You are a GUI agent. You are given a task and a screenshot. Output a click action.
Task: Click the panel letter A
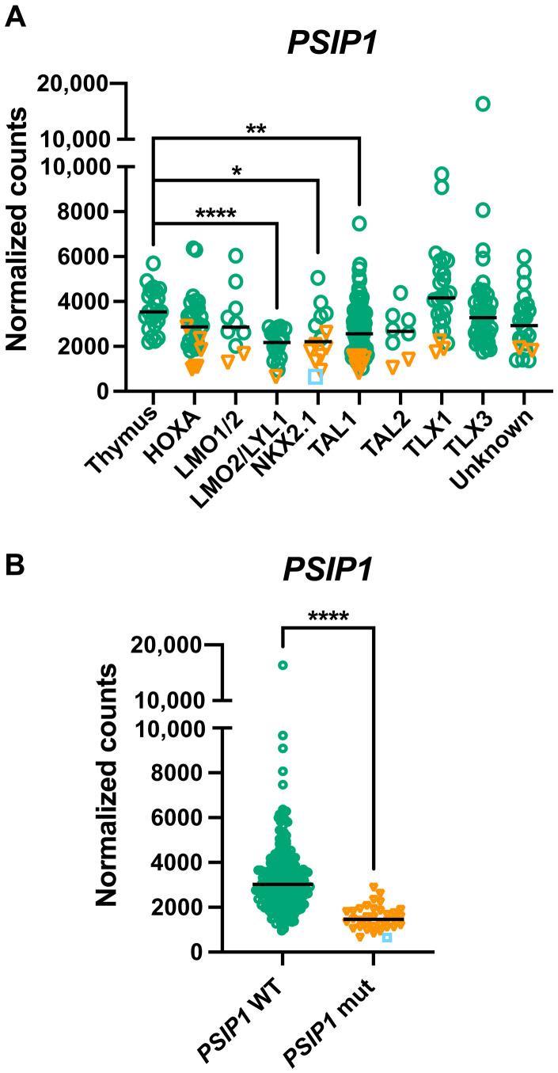(x=17, y=15)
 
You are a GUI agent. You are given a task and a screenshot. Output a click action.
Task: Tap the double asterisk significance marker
(x=256, y=128)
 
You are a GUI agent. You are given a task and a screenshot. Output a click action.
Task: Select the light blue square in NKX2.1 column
(x=316, y=376)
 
